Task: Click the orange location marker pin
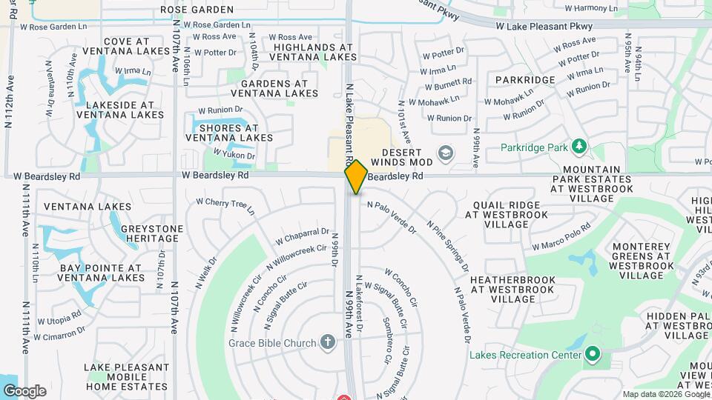click(x=356, y=177)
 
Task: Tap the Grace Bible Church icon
click(x=329, y=342)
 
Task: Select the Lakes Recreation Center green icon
click(x=591, y=354)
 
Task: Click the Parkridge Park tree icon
click(x=580, y=147)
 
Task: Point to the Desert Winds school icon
click(x=445, y=153)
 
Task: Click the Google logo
click(x=24, y=391)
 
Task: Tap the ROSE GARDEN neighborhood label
click(x=197, y=10)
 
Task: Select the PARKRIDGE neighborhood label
click(x=525, y=80)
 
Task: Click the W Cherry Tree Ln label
click(x=225, y=206)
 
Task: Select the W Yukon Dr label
click(x=234, y=154)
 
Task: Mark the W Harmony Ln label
click(x=591, y=8)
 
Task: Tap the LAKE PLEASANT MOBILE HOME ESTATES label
click(x=126, y=376)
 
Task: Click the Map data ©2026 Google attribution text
click(x=666, y=394)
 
